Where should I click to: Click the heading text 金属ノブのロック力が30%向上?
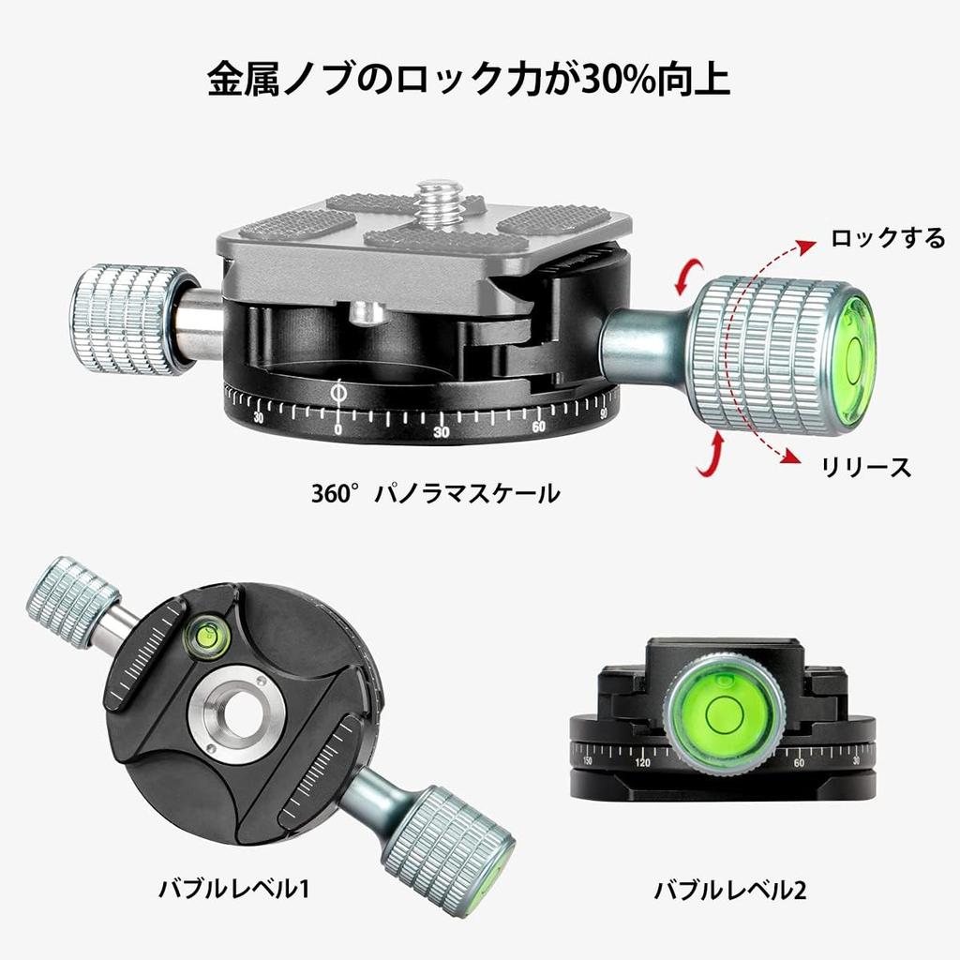(468, 81)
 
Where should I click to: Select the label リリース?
(865, 466)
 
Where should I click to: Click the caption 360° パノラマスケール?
(435, 491)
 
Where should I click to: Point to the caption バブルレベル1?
(233, 887)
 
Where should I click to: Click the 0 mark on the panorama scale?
(338, 428)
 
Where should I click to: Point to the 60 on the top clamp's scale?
(538, 427)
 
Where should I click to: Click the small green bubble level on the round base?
(209, 635)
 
